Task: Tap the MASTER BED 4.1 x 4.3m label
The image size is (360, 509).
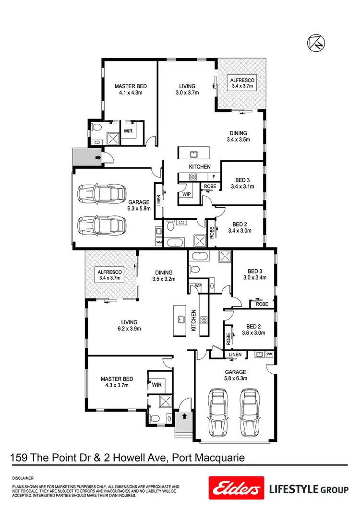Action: (x=130, y=90)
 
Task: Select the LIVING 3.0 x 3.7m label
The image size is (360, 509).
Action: (x=187, y=90)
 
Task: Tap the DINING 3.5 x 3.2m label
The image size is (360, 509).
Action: (x=162, y=275)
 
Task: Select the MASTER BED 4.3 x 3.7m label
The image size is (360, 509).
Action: (x=117, y=382)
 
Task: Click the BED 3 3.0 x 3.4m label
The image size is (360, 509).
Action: (x=254, y=274)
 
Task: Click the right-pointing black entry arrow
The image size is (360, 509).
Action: (x=98, y=157)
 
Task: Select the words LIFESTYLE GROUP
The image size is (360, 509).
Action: (x=308, y=490)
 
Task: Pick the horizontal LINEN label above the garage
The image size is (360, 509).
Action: (x=235, y=355)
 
